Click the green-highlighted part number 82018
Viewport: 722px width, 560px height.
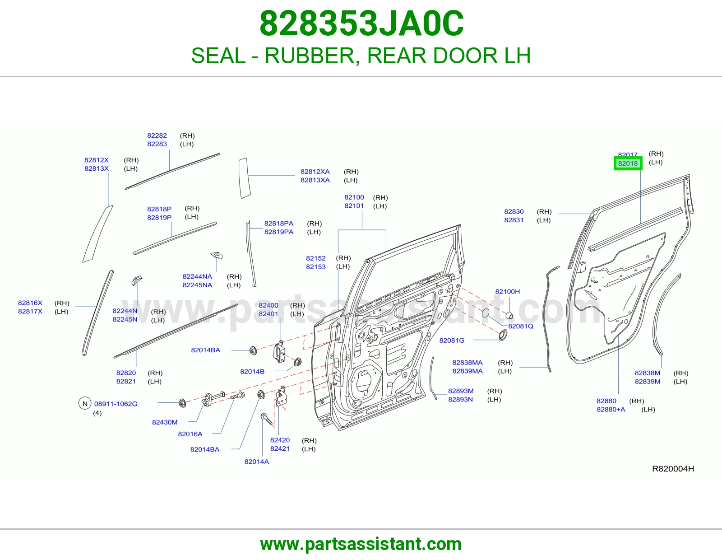[628, 163]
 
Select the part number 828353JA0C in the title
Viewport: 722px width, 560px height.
[361, 23]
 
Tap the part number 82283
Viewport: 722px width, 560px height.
[157, 144]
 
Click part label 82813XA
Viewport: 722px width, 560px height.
[315, 180]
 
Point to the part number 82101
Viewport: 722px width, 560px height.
[354, 206]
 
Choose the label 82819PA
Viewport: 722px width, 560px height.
[279, 232]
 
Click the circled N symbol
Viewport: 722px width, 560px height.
[85, 403]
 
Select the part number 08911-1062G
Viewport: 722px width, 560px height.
[116, 404]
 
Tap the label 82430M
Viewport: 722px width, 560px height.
[165, 422]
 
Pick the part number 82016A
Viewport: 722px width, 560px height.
[190, 434]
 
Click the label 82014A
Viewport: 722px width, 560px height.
[256, 462]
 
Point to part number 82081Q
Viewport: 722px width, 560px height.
[521, 326]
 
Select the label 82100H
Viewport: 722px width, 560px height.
[507, 292]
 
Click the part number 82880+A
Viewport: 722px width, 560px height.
[611, 409]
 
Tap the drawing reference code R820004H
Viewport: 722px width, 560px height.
[673, 469]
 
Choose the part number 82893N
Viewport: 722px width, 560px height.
[460, 399]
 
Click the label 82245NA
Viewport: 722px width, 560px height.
[197, 285]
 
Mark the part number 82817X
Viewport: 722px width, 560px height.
[30, 312]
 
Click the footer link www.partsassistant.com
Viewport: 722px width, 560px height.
[361, 544]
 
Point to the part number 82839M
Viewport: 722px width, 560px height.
[648, 382]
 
